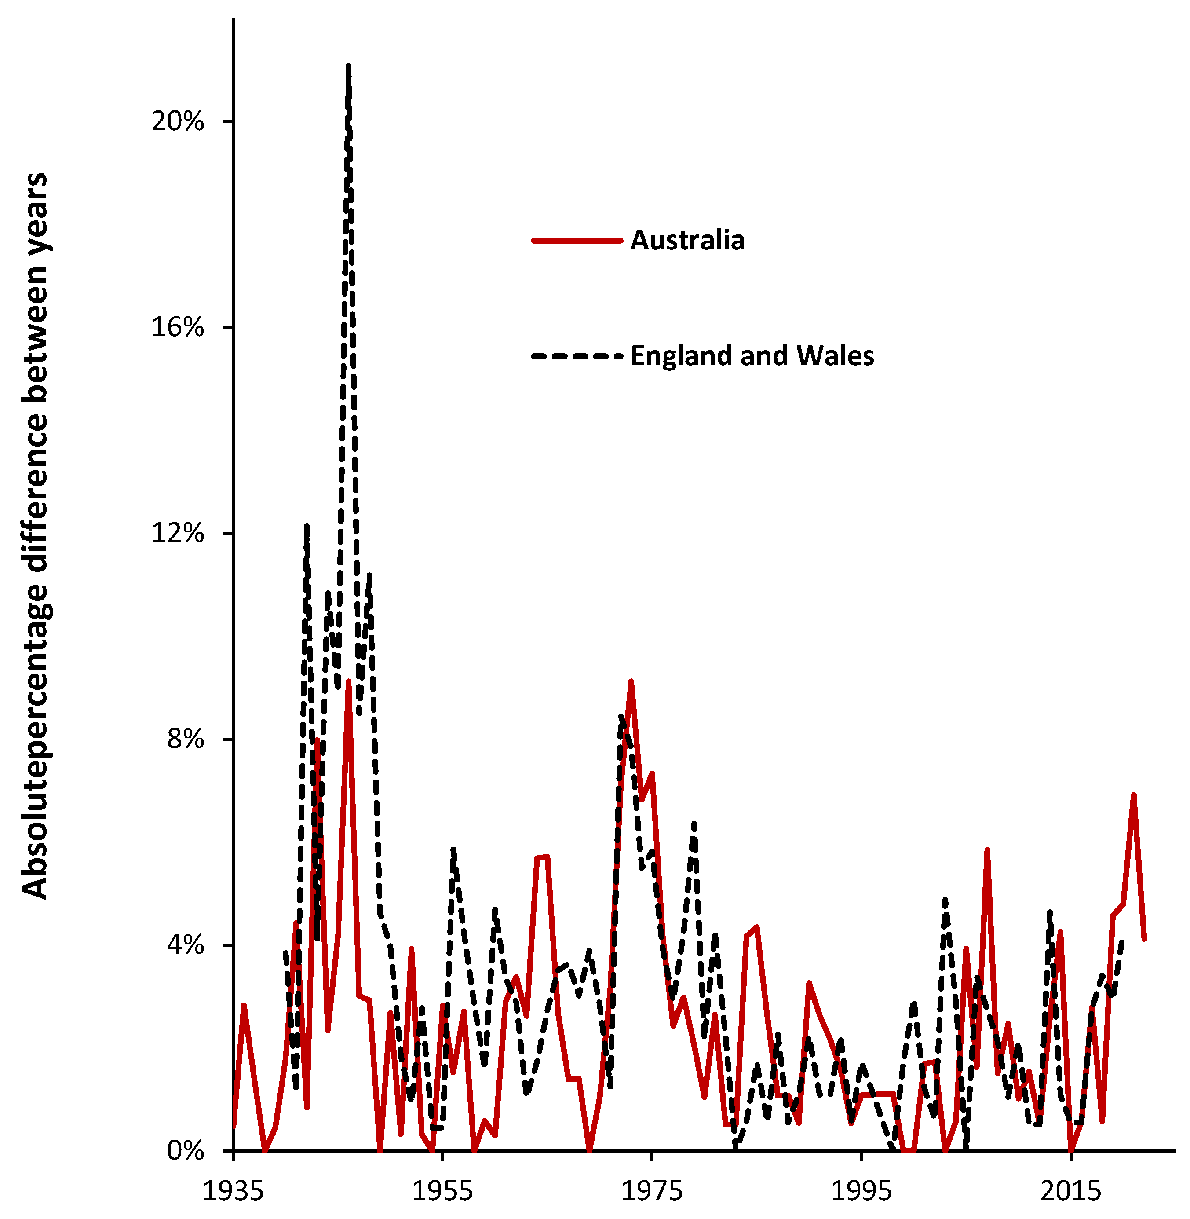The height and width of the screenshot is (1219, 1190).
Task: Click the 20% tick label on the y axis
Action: [178, 121]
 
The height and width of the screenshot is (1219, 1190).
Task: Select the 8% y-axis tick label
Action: [185, 739]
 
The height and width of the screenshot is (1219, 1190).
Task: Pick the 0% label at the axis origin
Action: [185, 1150]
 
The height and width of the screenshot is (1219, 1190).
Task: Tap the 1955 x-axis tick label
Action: [442, 1191]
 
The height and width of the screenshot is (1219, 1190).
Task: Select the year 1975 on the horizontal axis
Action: [652, 1191]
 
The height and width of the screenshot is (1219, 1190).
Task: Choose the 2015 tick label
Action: [1071, 1191]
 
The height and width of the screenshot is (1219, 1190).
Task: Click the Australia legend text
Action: [687, 241]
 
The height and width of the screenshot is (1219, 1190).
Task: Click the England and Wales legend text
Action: [752, 356]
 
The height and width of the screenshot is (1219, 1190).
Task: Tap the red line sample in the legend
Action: [577, 240]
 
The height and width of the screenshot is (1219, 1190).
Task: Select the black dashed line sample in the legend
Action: [577, 356]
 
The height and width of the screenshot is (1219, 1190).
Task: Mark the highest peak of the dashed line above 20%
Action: [348, 66]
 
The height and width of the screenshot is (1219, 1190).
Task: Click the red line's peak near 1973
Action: [631, 681]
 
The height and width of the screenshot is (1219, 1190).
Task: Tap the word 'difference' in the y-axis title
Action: [36, 497]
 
